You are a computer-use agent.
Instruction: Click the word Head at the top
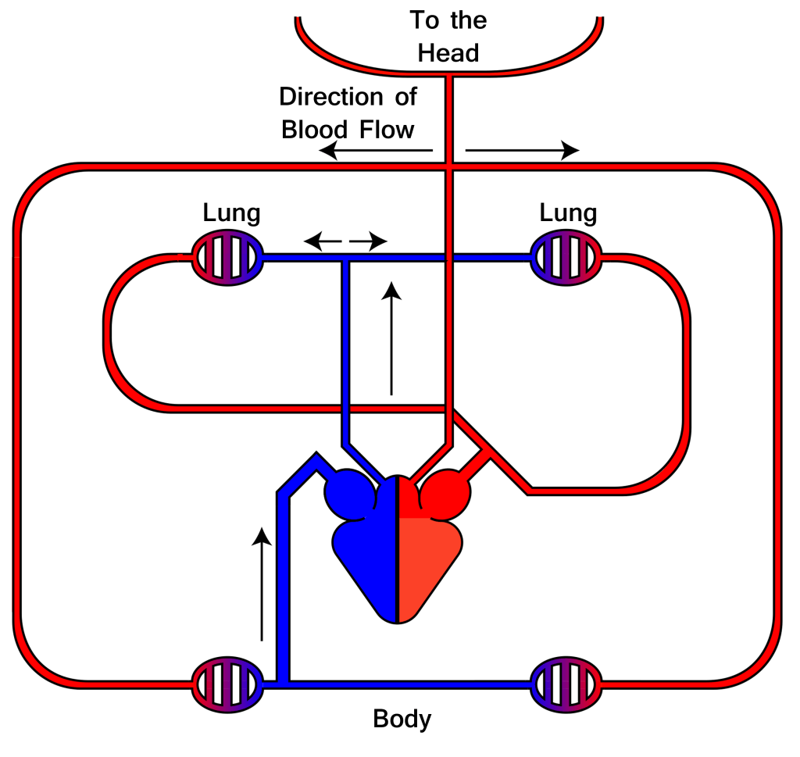(x=448, y=53)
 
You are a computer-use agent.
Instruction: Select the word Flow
(x=386, y=129)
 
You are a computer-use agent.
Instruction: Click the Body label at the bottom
(x=402, y=718)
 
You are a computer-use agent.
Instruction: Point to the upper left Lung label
(x=231, y=212)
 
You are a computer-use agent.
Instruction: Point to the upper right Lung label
(x=568, y=212)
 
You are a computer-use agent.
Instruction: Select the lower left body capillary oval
(x=227, y=683)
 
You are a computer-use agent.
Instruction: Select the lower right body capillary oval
(x=566, y=683)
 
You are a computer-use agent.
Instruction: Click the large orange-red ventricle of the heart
(x=430, y=566)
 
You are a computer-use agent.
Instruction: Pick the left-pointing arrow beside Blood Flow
(x=376, y=151)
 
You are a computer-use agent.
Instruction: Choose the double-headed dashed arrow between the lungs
(x=345, y=241)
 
